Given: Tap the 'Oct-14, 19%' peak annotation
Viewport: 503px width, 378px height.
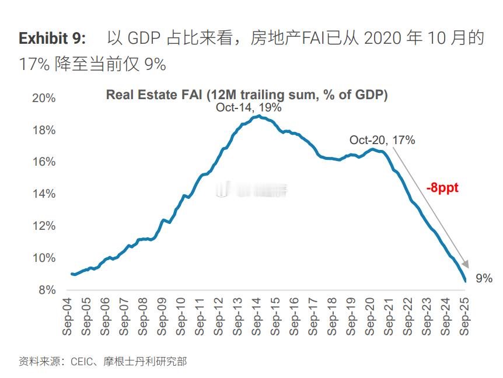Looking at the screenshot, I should (x=249, y=107).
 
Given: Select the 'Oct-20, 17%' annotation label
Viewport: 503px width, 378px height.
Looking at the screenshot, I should (x=382, y=140).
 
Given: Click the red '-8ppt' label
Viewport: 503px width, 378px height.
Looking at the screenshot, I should (x=442, y=188).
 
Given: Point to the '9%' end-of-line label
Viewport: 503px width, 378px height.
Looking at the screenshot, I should (x=484, y=279).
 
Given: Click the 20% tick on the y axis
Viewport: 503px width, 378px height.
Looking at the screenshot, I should (x=44, y=98).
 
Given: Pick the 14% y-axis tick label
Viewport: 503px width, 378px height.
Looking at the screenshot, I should (x=44, y=194).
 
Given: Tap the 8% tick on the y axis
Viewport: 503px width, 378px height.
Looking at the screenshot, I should (x=47, y=290).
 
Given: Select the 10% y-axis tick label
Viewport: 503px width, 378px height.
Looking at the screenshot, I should (x=44, y=258).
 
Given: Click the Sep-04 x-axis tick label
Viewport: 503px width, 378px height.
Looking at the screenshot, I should (x=68, y=316).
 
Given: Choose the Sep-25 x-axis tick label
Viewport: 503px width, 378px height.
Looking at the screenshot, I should (x=466, y=316).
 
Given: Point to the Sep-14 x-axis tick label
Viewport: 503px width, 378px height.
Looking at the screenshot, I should (x=257, y=316).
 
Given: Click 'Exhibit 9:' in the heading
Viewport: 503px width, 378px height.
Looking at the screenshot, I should (x=53, y=38).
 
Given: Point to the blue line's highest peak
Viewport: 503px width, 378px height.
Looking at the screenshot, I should (x=257, y=116).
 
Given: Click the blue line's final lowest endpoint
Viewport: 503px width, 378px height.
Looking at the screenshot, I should (x=465, y=281).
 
